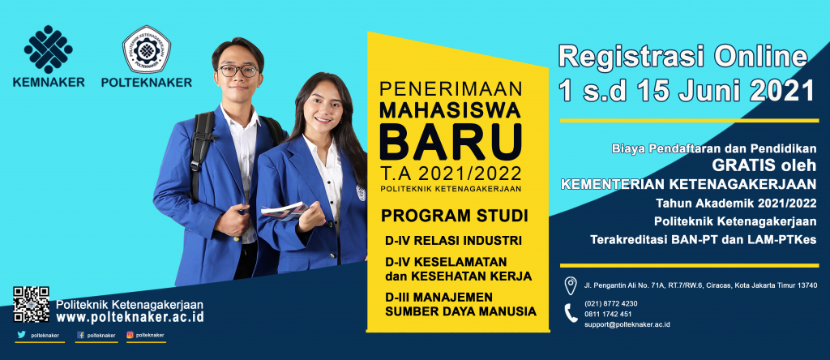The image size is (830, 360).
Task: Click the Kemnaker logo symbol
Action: click(x=48, y=49)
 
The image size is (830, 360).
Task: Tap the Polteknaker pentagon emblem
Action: click(x=147, y=49)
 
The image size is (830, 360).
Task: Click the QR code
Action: click(x=32, y=304)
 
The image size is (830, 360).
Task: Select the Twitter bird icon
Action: click(x=21, y=335)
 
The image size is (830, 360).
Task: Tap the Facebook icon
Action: click(x=80, y=335)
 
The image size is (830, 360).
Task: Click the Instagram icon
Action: click(x=130, y=335)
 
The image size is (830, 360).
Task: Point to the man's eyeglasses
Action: click(x=237, y=70)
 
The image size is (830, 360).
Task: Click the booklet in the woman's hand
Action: click(x=285, y=212)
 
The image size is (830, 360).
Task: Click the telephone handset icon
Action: click(x=571, y=313)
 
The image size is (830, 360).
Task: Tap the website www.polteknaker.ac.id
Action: click(x=130, y=316)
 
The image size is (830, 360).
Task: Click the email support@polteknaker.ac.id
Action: click(x=627, y=324)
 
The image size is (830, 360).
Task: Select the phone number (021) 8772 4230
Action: click(x=611, y=303)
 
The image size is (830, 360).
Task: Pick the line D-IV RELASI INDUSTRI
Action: click(x=454, y=240)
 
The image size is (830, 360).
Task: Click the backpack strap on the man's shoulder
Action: click(x=202, y=153)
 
